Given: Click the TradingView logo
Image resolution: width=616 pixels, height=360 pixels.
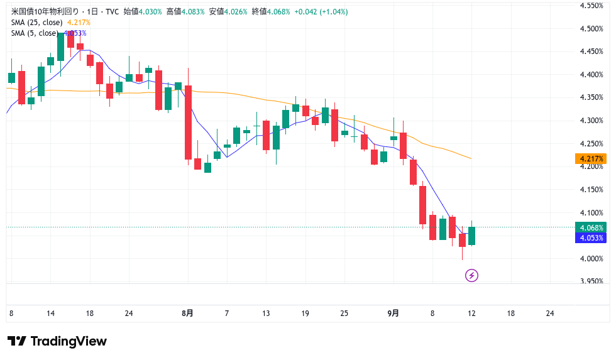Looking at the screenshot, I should [x=57, y=341].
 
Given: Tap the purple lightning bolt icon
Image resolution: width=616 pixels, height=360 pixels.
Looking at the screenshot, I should [x=471, y=275].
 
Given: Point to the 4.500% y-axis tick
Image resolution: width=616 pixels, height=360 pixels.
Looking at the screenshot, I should [x=591, y=28].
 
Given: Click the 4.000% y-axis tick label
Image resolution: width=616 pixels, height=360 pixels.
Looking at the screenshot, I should [x=591, y=258].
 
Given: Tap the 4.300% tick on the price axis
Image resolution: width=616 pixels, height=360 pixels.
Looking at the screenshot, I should [x=591, y=120].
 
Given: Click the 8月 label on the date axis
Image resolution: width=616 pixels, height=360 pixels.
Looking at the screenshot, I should [x=187, y=313].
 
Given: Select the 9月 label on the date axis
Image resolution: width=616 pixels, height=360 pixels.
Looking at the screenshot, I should [x=393, y=313].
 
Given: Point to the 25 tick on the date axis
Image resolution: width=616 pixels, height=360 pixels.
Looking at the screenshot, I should [x=344, y=313].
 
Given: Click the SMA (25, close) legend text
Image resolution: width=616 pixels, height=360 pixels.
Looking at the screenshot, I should [x=36, y=23].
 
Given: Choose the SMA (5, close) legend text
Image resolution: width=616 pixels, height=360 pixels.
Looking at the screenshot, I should [x=35, y=33].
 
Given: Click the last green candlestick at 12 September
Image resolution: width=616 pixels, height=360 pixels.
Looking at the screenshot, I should [x=471, y=236].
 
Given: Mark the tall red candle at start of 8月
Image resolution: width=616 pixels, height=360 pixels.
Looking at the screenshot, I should [x=187, y=123].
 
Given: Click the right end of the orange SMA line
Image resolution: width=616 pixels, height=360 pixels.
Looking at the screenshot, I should [x=471, y=158].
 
